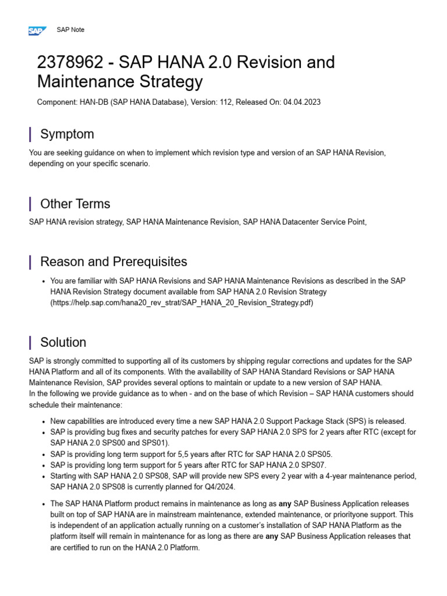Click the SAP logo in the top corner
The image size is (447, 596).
tap(37, 31)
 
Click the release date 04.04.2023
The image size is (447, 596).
tap(302, 102)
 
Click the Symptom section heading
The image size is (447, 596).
tap(67, 134)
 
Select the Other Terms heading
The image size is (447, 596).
tap(75, 204)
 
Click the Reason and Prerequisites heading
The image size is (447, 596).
tap(113, 262)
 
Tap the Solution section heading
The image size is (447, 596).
tap(63, 342)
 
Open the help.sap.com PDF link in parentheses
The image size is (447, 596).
tap(182, 303)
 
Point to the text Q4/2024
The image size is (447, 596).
tap(219, 487)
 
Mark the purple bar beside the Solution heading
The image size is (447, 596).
tap(30, 342)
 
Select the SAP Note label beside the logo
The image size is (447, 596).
tap(70, 30)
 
